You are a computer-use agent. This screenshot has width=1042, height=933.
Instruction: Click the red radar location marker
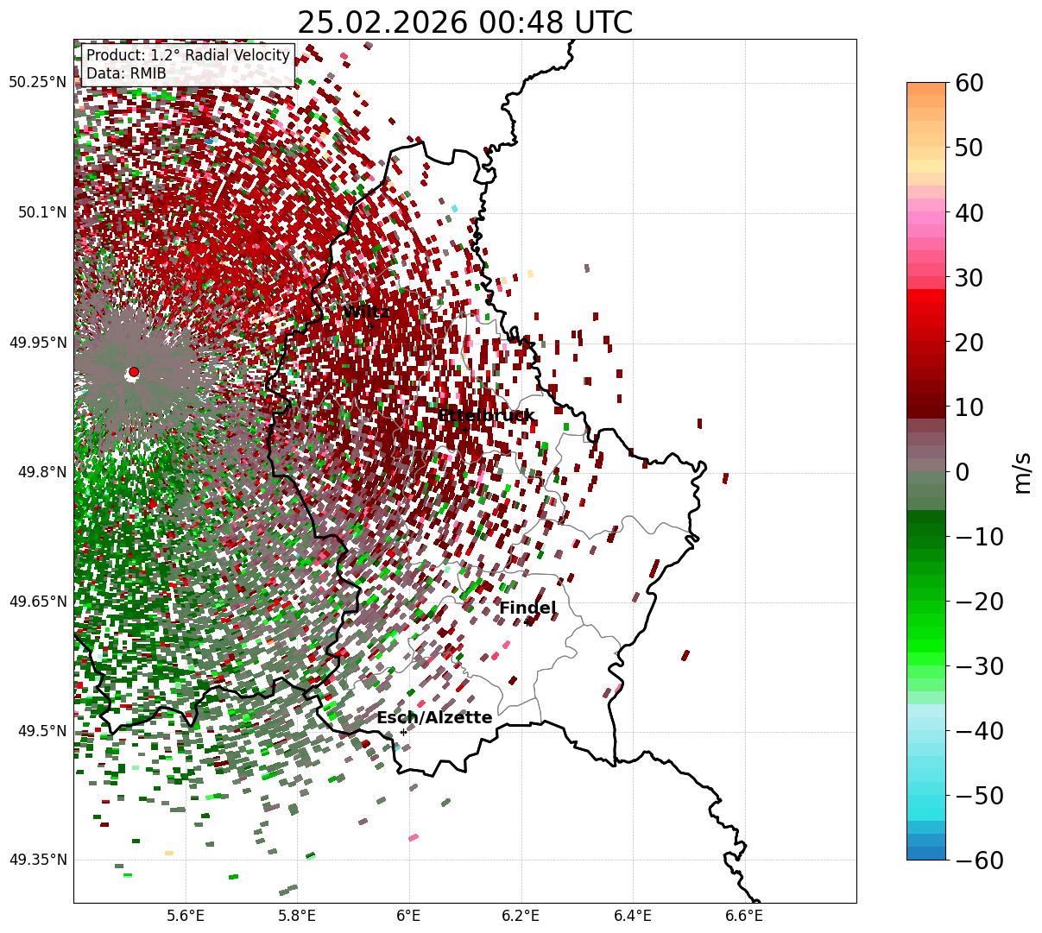point(133,372)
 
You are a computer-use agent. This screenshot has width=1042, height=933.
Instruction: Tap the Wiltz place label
point(367,312)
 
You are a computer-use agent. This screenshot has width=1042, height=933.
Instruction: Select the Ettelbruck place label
point(486,416)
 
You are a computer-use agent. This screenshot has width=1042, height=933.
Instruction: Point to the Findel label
point(527,608)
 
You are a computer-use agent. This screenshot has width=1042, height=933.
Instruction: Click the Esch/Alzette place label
point(434,718)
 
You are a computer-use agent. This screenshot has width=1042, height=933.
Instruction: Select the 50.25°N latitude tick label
point(37,83)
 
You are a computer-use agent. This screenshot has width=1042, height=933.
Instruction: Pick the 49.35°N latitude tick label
point(37,860)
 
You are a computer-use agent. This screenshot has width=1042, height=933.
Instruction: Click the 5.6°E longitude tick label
point(186,916)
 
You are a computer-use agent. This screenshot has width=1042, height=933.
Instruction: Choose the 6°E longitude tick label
point(408,916)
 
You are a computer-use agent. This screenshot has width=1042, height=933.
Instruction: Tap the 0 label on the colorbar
point(963,472)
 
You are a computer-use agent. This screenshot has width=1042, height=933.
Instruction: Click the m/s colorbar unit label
point(1023,473)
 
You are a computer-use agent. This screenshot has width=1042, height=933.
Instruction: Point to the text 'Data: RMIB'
point(126,73)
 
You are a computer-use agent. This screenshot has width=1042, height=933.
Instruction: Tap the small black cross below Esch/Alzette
point(403,732)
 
